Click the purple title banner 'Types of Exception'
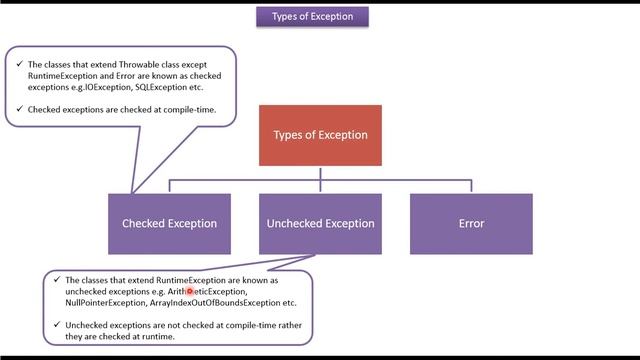tap(320, 17)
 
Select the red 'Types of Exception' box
tap(320, 135)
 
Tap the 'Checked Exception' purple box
tap(169, 223)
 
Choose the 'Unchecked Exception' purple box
tap(320, 223)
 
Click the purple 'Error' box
tap(471, 223)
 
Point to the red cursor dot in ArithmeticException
tap(190, 291)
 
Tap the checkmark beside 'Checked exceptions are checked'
tap(20, 108)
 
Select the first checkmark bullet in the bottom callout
tap(57, 281)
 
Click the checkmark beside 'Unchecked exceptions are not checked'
tap(57, 326)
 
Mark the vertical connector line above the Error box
tap(471, 187)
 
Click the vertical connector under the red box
tap(320, 173)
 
